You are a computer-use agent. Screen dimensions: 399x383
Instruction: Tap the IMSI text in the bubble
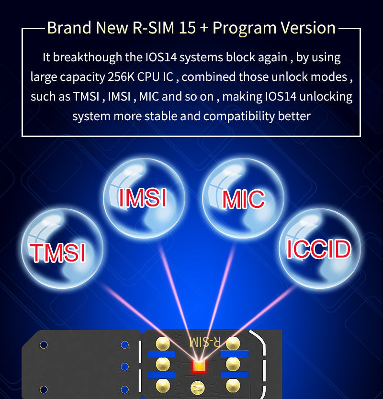(x=142, y=197)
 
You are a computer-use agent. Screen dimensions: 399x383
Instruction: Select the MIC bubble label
(x=244, y=199)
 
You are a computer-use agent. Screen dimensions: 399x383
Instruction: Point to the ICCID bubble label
(x=318, y=249)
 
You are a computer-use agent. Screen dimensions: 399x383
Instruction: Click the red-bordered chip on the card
(x=199, y=367)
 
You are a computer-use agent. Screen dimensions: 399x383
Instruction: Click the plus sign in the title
(x=204, y=28)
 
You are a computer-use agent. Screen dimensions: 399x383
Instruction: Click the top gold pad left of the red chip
(x=163, y=343)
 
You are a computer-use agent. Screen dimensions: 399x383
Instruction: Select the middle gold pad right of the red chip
(x=233, y=364)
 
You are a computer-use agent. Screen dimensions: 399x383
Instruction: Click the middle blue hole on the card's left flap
(x=125, y=366)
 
